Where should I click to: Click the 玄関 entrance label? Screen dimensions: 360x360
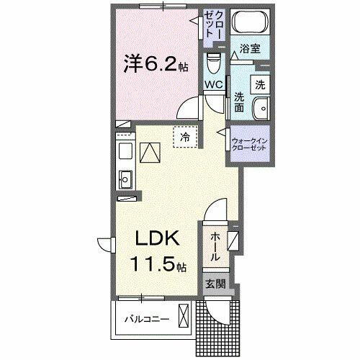tap(215, 284)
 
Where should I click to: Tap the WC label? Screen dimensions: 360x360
tap(213, 85)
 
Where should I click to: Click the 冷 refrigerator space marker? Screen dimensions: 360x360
tap(184, 136)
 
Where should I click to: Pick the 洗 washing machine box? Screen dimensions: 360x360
tap(260, 83)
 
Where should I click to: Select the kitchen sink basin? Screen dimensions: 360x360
tap(123, 177)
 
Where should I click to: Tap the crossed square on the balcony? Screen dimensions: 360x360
tap(184, 316)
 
